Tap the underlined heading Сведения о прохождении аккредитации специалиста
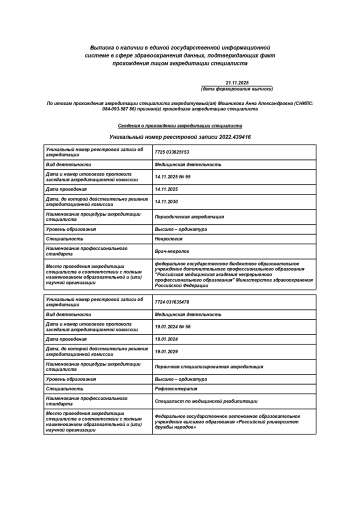point(179,122)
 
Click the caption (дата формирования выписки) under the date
point(242,89)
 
